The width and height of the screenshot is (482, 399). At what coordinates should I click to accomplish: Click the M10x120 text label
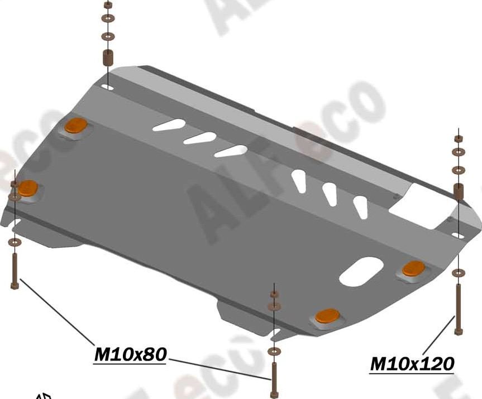[x=412, y=364]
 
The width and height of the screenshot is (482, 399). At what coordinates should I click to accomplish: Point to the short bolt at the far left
[x=15, y=270]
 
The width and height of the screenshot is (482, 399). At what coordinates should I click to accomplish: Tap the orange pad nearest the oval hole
[x=414, y=268]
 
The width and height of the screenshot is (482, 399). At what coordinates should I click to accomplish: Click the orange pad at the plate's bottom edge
[x=327, y=316]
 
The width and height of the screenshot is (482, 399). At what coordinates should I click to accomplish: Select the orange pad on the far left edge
[x=27, y=188]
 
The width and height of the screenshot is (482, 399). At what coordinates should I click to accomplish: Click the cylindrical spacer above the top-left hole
[x=107, y=58]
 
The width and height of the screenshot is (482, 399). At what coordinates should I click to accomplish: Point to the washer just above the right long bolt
[x=458, y=273]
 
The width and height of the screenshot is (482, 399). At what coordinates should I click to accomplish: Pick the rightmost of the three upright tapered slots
[x=362, y=206]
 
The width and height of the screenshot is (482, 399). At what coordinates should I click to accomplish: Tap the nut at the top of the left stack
[x=107, y=4]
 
